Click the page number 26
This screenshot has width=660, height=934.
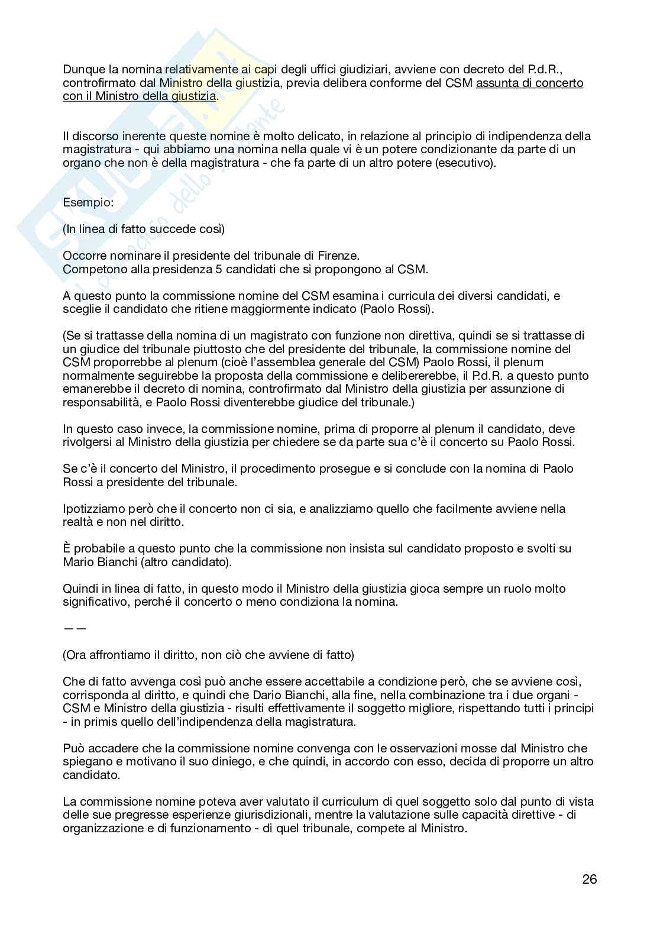click(589, 879)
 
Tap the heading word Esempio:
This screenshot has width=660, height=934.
click(88, 202)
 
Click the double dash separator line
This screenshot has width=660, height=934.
click(75, 628)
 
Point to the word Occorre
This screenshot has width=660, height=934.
click(86, 256)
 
